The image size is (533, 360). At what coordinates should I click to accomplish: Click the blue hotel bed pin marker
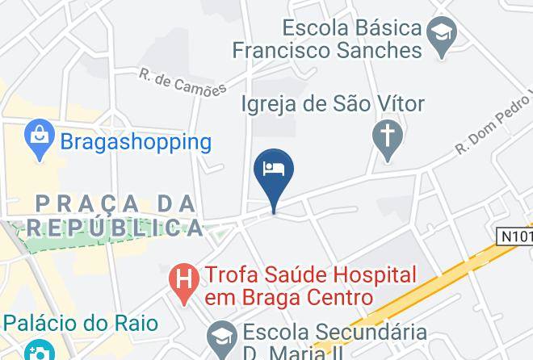tap(274, 172)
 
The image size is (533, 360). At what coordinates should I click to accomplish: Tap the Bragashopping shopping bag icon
tap(39, 142)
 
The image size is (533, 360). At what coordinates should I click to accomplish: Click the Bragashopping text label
tap(136, 143)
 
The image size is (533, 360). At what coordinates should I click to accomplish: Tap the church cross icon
tap(385, 135)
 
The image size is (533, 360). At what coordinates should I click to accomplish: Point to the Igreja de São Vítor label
tap(334, 104)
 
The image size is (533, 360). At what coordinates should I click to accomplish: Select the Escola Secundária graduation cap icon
tap(219, 333)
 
